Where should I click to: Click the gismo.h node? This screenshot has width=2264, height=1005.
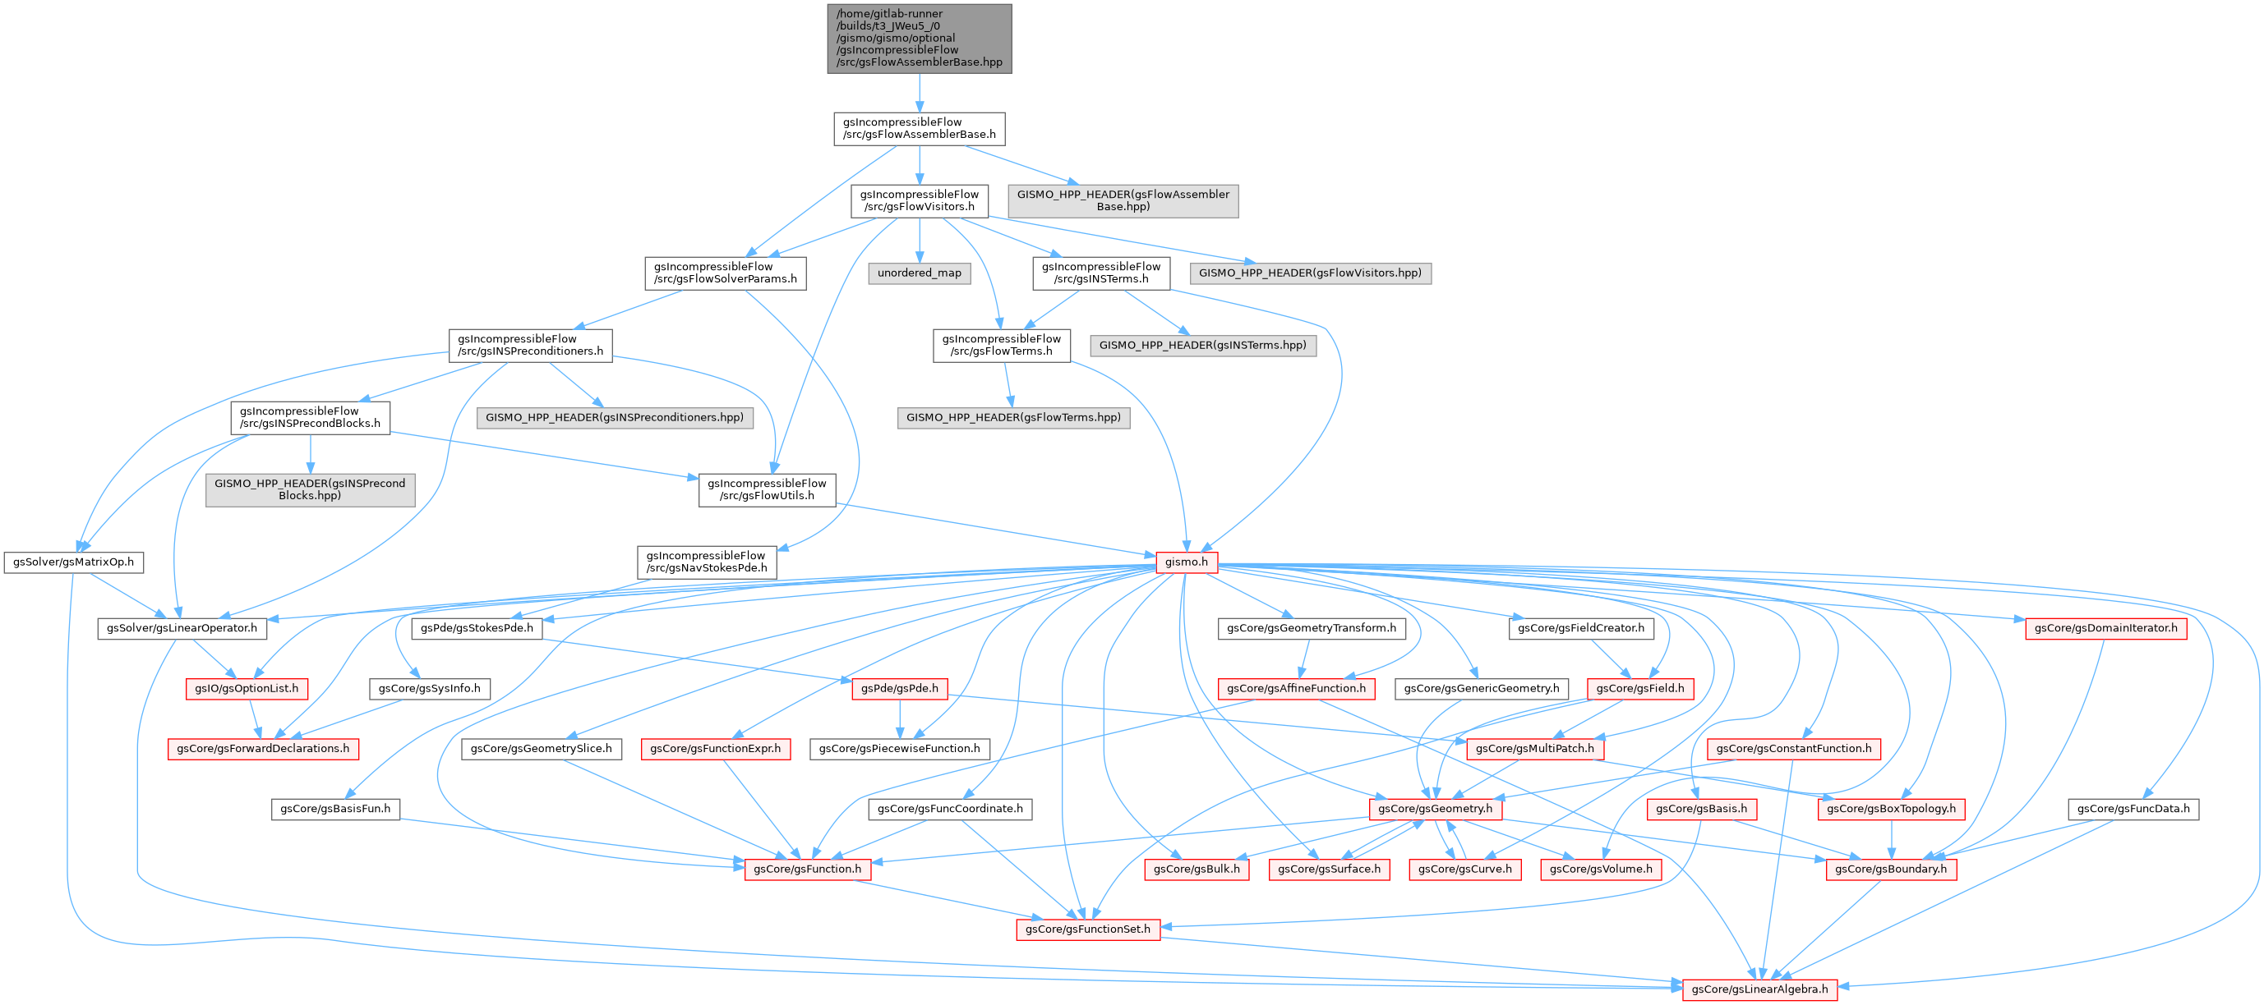1185,562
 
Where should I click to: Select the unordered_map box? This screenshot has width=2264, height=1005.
920,273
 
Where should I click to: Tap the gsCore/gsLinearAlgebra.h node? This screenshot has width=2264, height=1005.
1759,989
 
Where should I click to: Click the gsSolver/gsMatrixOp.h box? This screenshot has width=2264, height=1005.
74,562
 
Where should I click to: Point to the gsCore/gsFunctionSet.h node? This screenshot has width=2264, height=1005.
1087,929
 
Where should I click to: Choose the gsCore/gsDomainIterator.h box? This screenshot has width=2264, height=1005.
2105,628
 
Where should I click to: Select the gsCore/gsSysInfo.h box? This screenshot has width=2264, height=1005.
429,688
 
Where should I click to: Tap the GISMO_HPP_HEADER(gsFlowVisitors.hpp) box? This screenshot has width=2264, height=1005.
1310,273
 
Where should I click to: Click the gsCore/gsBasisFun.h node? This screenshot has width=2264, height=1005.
336,808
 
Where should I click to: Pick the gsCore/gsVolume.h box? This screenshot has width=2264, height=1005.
1601,869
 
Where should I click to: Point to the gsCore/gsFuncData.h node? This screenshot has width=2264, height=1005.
2133,808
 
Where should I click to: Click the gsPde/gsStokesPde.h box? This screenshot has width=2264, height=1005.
477,628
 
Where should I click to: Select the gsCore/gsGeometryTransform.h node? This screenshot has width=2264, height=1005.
1312,628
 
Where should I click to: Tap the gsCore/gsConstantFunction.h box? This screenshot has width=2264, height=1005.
1794,749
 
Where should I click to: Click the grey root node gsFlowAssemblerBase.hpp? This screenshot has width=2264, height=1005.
920,38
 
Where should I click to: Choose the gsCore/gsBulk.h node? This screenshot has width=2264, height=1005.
1197,869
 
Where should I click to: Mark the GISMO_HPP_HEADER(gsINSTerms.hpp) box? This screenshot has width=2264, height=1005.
1202,345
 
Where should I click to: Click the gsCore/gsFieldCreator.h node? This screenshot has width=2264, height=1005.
1580,628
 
